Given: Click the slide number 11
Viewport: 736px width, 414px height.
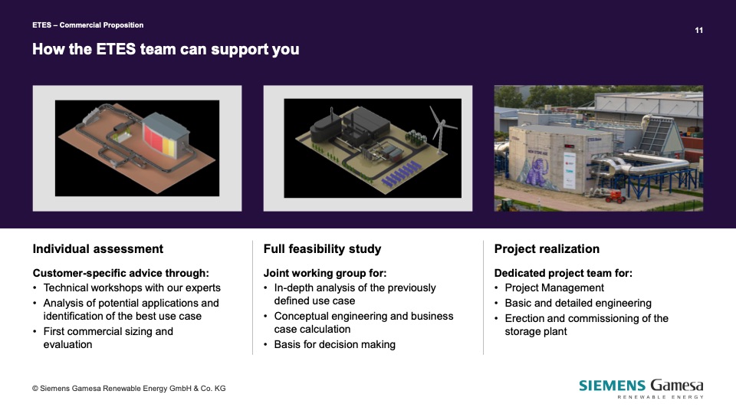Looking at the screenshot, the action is pyautogui.click(x=698, y=30).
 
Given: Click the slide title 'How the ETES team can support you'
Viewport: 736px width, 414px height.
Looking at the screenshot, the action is pyautogui.click(x=166, y=49).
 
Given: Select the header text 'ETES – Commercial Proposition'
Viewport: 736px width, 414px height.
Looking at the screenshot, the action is pyautogui.click(x=87, y=25).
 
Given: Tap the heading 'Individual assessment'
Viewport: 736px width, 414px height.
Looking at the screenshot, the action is pyautogui.click(x=97, y=248).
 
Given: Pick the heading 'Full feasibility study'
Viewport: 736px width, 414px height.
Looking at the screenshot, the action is pyautogui.click(x=322, y=248).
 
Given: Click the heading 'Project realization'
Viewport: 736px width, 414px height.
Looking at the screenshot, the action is pyautogui.click(x=547, y=248).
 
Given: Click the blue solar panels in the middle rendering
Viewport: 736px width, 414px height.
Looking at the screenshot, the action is pyautogui.click(x=400, y=174).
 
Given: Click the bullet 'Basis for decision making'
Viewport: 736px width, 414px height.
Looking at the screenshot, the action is pyautogui.click(x=335, y=344).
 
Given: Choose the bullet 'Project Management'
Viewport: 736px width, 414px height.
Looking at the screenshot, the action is pyautogui.click(x=554, y=287).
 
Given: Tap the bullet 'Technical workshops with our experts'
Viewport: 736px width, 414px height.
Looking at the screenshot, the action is pyautogui.click(x=132, y=287).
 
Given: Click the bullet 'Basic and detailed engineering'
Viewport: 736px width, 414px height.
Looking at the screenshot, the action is pyautogui.click(x=578, y=304).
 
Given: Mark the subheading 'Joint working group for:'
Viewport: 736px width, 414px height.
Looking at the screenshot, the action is pyautogui.click(x=325, y=273).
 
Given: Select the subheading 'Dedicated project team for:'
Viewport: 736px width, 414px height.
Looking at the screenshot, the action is pyautogui.click(x=563, y=273).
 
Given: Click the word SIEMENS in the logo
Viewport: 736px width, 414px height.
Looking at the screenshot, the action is pyautogui.click(x=612, y=386).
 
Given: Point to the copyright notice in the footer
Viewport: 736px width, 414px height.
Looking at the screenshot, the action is pyautogui.click(x=129, y=389).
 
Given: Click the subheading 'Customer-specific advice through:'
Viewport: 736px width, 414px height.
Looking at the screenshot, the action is pyautogui.click(x=120, y=273).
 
